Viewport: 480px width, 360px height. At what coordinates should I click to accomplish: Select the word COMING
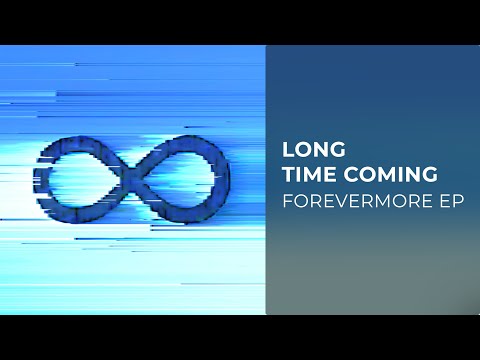tap(388, 174)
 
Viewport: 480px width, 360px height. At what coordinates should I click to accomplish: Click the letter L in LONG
tap(288, 150)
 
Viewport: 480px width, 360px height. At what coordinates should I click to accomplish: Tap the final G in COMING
tap(428, 174)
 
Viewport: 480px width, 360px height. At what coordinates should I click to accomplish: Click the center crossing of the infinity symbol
tap(133, 172)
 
